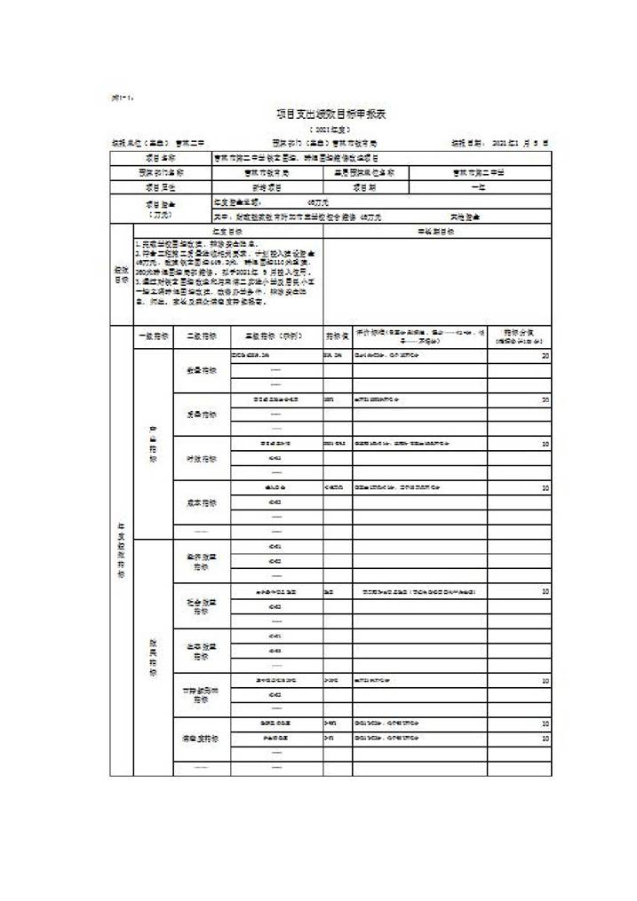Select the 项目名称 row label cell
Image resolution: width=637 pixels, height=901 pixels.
point(161,158)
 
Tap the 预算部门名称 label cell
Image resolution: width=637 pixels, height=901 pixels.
point(161,173)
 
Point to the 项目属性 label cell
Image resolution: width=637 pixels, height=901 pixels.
point(161,187)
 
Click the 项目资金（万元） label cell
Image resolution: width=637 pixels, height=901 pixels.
point(161,209)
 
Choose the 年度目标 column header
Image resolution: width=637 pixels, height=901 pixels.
point(216,232)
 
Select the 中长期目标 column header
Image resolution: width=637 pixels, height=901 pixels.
point(436,232)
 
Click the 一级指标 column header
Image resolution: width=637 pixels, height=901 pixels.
point(152,336)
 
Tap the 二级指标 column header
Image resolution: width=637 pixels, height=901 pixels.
point(201,336)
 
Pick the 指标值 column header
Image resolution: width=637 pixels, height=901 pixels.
point(337,336)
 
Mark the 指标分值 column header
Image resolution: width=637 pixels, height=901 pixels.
point(519,336)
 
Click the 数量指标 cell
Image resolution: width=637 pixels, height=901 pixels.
point(201,370)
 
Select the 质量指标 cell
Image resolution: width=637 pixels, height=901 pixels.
point(201,415)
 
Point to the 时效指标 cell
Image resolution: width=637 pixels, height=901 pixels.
point(201,459)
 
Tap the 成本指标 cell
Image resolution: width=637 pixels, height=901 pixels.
point(201,502)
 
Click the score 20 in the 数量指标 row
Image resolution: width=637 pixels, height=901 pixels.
point(545,356)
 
